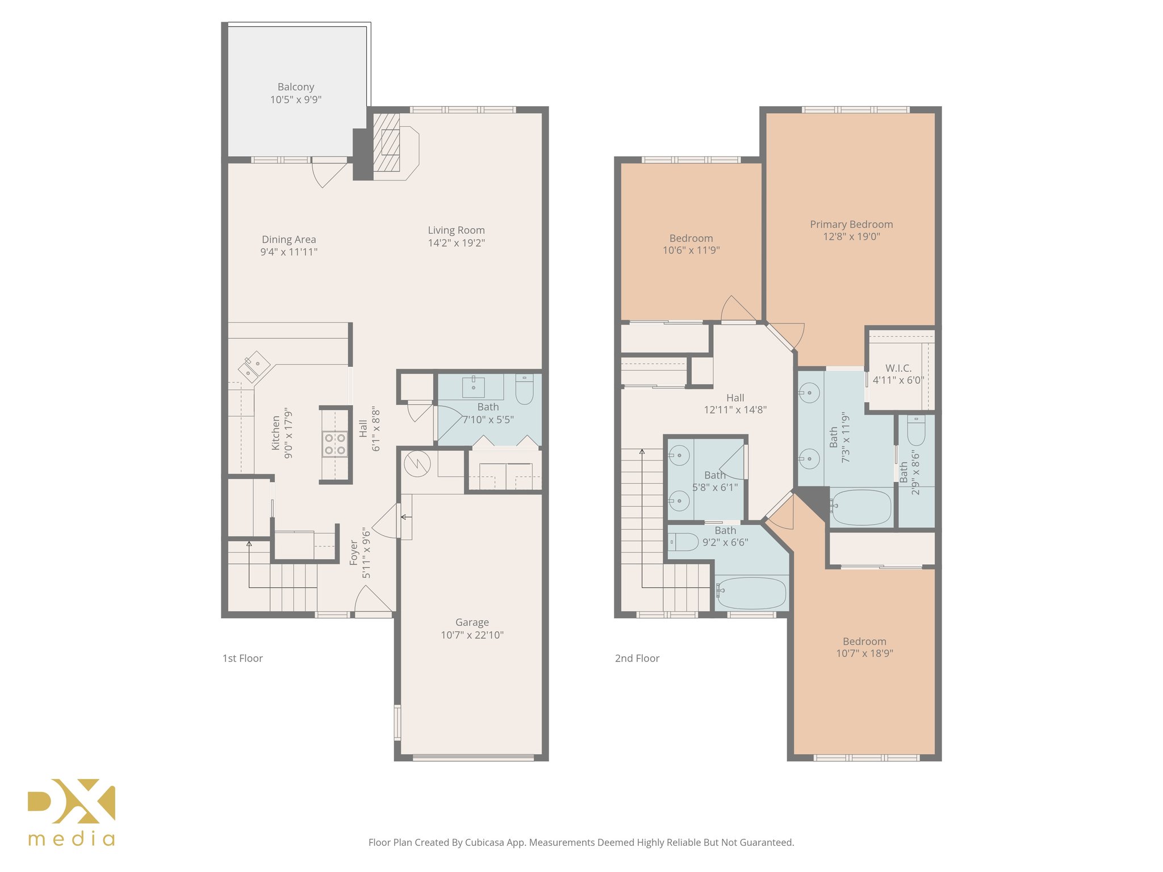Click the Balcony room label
click(x=296, y=87)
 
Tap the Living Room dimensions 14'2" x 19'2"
click(x=456, y=243)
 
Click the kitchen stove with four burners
click(x=335, y=444)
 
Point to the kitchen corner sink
click(x=253, y=366)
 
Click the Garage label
click(x=472, y=622)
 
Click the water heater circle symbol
click(x=417, y=464)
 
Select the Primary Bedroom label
click(x=851, y=224)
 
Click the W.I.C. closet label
click(x=898, y=368)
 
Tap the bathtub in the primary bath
click(x=861, y=507)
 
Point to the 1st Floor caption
click(x=242, y=659)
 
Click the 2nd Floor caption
click(x=637, y=659)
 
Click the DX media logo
click(x=72, y=812)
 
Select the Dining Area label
click(x=288, y=240)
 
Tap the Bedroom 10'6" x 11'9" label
click(x=691, y=238)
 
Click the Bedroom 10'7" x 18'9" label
click(x=864, y=642)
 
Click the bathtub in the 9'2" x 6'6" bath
click(x=751, y=593)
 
